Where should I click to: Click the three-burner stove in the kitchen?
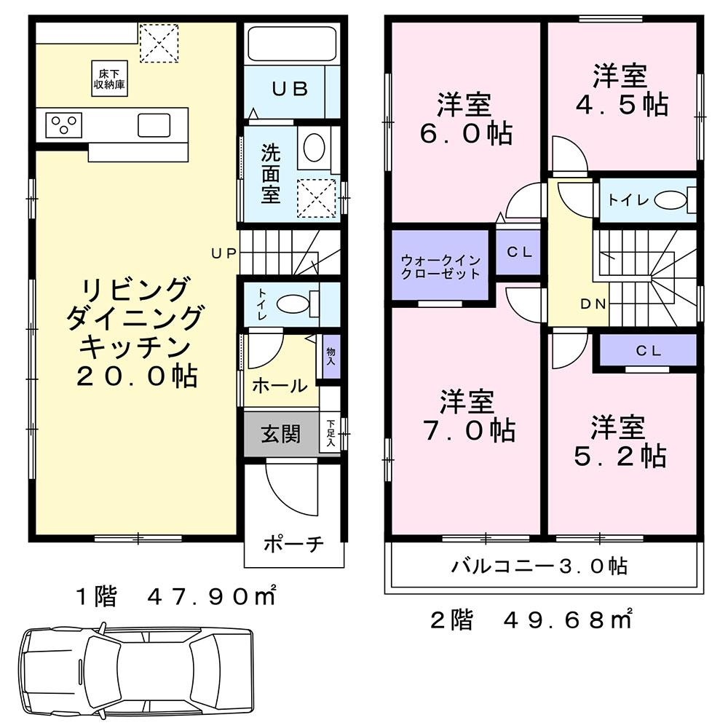pos(63,125)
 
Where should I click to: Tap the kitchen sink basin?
pos(154,125)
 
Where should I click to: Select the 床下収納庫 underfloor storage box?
pos(110,79)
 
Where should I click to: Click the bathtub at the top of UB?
pos(293,44)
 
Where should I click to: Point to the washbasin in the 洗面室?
pos(314,148)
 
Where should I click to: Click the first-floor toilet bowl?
pos(293,304)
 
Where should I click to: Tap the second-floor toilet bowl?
pos(670,201)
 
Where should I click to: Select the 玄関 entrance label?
pos(281,434)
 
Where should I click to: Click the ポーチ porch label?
pos(293,544)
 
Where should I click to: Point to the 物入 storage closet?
pos(331,357)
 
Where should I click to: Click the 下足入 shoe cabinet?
pos(331,432)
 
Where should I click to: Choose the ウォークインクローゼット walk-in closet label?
pos(440,266)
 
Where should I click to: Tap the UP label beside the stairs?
pos(223,253)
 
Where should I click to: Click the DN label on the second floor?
pos(593,304)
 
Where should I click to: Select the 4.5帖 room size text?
pos(622,105)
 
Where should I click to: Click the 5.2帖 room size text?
pos(620,456)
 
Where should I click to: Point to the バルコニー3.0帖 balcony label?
pos(540,566)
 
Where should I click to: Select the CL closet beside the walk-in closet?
pos(518,252)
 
